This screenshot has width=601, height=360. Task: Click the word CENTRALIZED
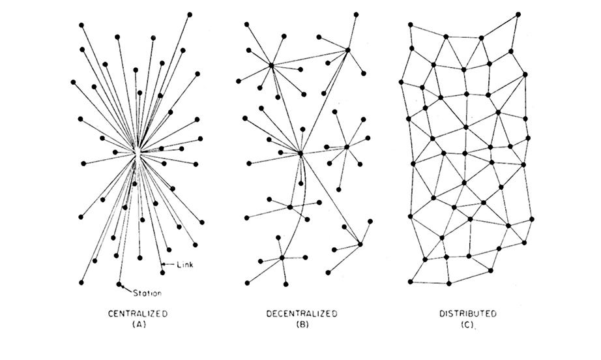[x=138, y=314]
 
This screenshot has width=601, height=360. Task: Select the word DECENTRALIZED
[x=302, y=314]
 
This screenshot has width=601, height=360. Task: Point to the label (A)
[x=139, y=324]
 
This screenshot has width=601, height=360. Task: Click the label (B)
[x=302, y=324]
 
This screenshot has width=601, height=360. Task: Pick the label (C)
[x=467, y=324]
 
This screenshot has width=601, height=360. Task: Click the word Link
[x=185, y=265]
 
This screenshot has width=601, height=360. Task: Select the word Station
[x=147, y=293]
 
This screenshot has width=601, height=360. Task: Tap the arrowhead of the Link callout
[x=163, y=264]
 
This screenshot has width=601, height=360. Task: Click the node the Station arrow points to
[x=119, y=284]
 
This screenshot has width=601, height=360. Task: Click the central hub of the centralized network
[x=137, y=153]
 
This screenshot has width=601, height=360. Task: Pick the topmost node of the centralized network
[x=190, y=14]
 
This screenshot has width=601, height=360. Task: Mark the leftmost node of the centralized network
[x=73, y=82]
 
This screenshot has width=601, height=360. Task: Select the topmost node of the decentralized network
[x=356, y=14]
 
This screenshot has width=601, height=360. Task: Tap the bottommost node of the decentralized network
[x=286, y=284]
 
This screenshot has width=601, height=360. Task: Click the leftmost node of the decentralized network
[x=239, y=81]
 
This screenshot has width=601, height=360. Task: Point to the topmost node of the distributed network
[x=518, y=14]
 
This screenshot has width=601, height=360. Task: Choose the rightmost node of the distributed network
[x=532, y=219]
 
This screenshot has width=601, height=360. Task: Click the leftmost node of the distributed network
[x=401, y=82]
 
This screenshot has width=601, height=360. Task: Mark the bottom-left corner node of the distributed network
[x=411, y=282]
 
